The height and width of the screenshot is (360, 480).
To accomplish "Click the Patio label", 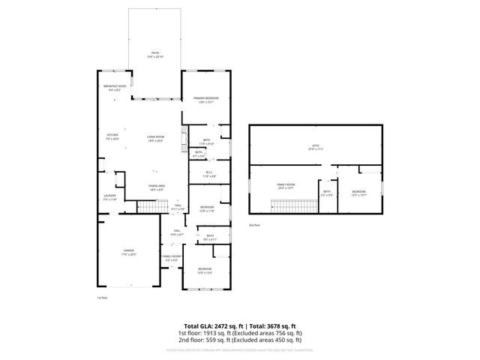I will tap(155, 53).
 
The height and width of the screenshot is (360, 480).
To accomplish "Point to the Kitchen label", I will tap(112, 136).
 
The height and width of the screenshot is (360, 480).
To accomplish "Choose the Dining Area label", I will tap(156, 187).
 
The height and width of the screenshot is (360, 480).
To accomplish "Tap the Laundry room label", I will tap(109, 197).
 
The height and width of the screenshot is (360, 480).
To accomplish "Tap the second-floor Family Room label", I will tap(286, 184).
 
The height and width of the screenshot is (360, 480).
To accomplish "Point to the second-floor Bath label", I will tap(327, 193).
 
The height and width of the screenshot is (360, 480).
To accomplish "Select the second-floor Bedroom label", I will tap(358, 193).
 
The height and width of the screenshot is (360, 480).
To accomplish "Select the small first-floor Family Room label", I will tap(172, 257).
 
